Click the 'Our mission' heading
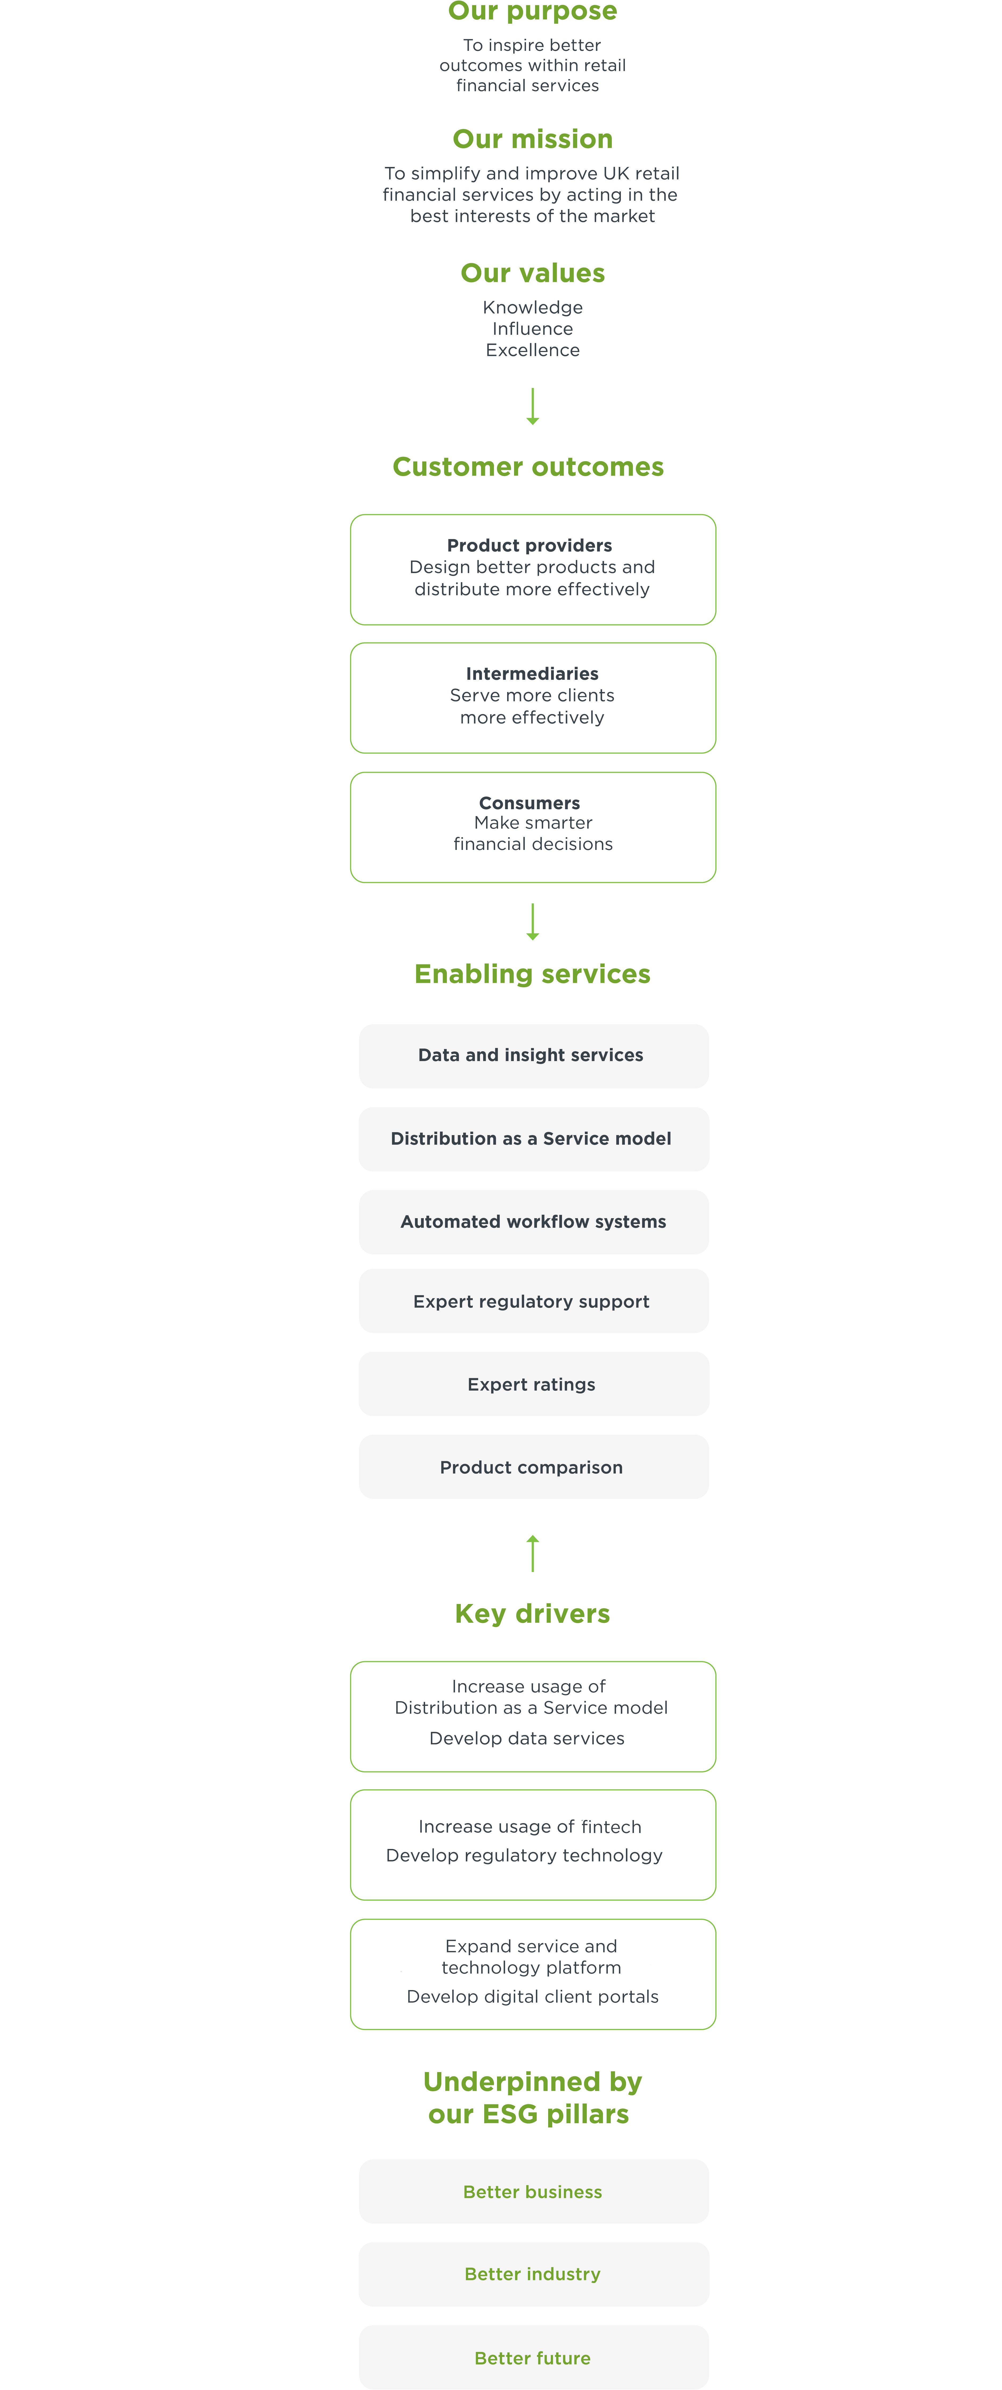tap(532, 139)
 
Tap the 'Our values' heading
tap(532, 273)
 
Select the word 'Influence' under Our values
tap(532, 329)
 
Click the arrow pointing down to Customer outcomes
tap(532, 406)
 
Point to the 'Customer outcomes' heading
tap(528, 467)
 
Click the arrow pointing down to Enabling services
tap(532, 921)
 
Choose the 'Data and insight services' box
tap(533, 1056)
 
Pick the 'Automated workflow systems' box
tap(533, 1222)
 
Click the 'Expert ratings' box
tap(533, 1384)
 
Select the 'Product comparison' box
tap(533, 1467)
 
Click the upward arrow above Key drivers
tap(532, 1553)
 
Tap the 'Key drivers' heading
tap(532, 1613)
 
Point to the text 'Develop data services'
tap(527, 1739)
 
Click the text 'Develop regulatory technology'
tap(524, 1856)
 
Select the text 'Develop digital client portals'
tap(532, 1997)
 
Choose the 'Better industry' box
tap(533, 2274)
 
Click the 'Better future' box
tap(533, 2358)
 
